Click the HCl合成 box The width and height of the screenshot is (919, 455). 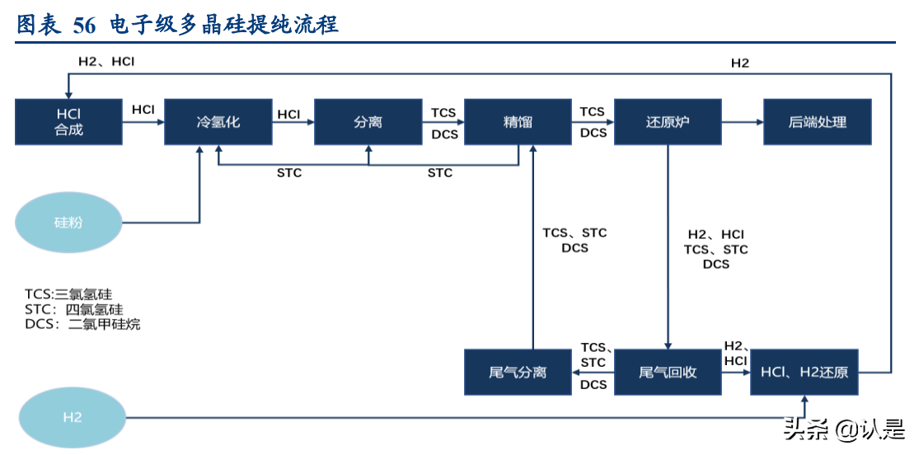click(x=68, y=122)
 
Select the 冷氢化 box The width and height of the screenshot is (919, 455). click(x=218, y=122)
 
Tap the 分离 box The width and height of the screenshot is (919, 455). click(x=368, y=122)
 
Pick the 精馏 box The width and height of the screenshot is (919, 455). click(x=518, y=122)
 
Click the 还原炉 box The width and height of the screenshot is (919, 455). click(x=668, y=122)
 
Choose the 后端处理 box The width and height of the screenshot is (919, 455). click(x=817, y=122)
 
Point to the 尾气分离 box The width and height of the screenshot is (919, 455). click(x=518, y=372)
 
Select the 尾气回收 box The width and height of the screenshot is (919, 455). click(x=668, y=372)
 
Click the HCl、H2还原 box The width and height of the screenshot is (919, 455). click(x=804, y=372)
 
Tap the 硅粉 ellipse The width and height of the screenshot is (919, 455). click(x=68, y=223)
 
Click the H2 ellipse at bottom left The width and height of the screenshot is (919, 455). click(x=73, y=417)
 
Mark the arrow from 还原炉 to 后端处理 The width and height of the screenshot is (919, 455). click(x=742, y=122)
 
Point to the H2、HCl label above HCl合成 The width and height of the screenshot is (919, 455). click(x=106, y=61)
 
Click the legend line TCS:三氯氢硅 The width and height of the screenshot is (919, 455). click(x=68, y=294)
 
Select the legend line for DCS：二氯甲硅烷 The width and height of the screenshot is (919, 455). click(x=82, y=324)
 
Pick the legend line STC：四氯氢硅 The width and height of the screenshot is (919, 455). click(x=74, y=309)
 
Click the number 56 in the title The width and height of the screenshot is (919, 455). click(x=84, y=25)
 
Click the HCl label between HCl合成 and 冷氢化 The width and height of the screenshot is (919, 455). click(x=143, y=110)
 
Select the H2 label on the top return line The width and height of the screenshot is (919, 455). click(x=740, y=63)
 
